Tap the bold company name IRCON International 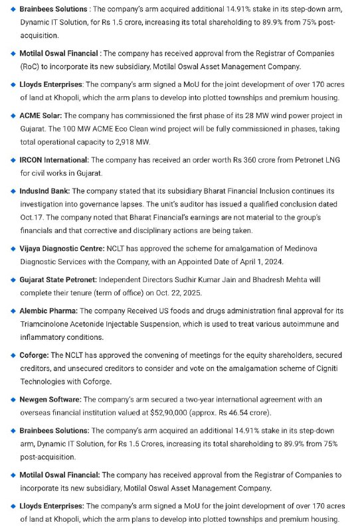pyautogui.click(x=54, y=160)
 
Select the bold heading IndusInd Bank pyautogui.click(x=44, y=190)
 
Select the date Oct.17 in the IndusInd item pyautogui.click(x=35, y=217)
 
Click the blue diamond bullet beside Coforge pyautogui.click(x=13, y=355)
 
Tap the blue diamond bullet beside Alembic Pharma pyautogui.click(x=13, y=311)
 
